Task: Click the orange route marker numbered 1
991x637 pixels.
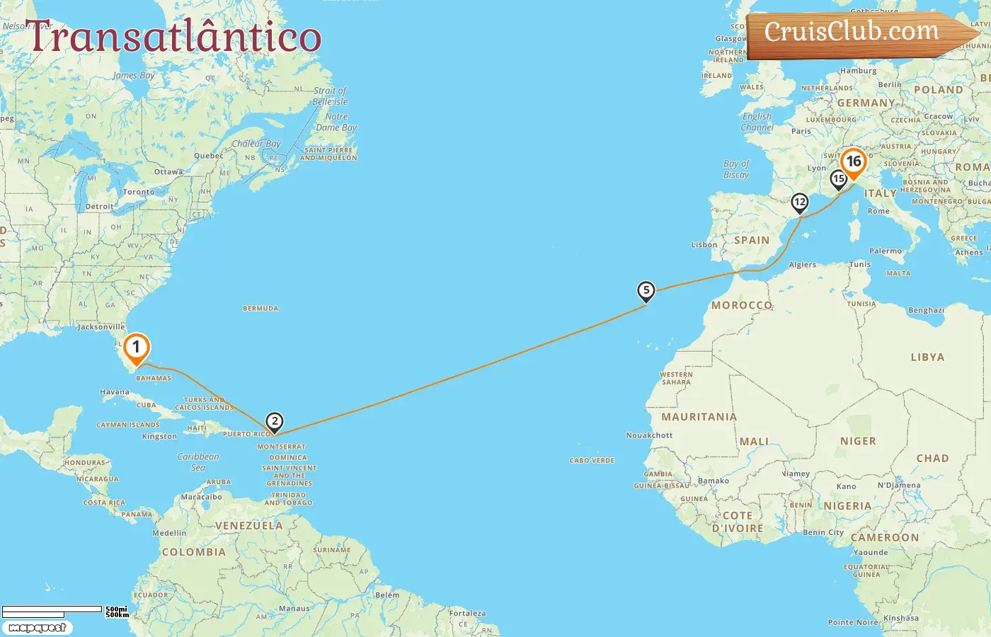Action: point(136,348)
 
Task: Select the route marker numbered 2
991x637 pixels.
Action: point(275,422)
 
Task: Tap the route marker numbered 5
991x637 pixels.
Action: point(646,290)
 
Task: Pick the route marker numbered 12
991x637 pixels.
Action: point(799,202)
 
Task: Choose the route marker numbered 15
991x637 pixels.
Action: point(839,179)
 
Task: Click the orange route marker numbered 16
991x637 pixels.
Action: point(854,162)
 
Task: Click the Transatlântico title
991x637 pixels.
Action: point(174,37)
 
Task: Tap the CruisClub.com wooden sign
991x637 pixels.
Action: point(853,33)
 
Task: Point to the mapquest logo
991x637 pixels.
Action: point(38,628)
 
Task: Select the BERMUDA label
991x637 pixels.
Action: point(260,309)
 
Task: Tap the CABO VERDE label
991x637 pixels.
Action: point(592,461)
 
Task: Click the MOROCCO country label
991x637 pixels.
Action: point(741,305)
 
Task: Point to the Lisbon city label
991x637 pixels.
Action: point(704,245)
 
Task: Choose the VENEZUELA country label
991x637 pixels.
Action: point(248,526)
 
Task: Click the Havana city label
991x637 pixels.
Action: point(115,391)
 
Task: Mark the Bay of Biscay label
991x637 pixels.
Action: point(736,168)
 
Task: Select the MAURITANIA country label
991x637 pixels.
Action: point(699,417)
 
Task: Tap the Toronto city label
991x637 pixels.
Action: point(139,192)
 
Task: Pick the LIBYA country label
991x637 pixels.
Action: point(927,357)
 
